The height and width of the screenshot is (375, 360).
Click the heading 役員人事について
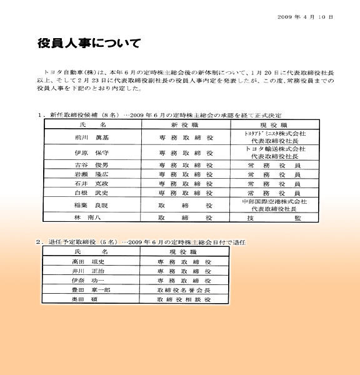coord(89,44)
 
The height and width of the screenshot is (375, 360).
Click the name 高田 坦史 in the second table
coord(82,262)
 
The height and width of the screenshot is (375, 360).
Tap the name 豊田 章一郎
coord(82,291)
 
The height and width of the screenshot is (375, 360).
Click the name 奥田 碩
coord(81,301)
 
